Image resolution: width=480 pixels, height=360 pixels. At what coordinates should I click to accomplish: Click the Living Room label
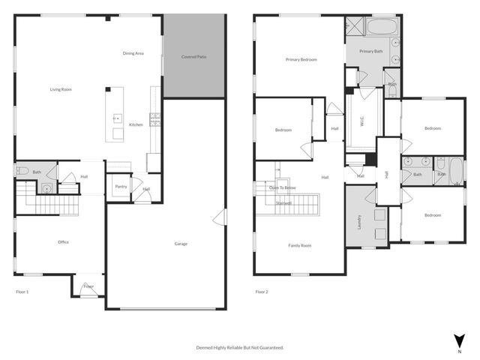pos(61,89)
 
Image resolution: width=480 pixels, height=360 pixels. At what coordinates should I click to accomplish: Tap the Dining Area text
pos(133,53)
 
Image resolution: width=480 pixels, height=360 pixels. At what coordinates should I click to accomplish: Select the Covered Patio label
pos(194,57)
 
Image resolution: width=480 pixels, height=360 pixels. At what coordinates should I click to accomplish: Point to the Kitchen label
pos(136,124)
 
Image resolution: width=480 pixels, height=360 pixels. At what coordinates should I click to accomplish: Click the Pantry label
pos(120,187)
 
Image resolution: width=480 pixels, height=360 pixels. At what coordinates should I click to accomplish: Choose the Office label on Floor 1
pos(64,241)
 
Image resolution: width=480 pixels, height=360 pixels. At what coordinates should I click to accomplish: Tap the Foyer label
pos(88,286)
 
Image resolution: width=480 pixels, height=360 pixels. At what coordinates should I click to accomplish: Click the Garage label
pos(181,243)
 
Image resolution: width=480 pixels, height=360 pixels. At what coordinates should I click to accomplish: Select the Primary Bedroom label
pos(301,59)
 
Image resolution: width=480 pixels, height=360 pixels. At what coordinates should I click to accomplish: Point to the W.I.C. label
pos(361,123)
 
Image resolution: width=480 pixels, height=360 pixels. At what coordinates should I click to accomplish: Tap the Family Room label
pos(300,245)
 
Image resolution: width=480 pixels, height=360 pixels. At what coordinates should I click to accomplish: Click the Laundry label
pos(359,222)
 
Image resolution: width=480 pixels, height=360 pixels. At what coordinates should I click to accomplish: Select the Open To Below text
pos(283,187)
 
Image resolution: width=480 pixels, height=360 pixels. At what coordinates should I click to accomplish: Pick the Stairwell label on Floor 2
pos(283,202)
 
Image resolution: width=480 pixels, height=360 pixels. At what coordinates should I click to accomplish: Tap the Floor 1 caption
pos(22,291)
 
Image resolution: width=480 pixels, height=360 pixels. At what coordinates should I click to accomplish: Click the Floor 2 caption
pos(261,291)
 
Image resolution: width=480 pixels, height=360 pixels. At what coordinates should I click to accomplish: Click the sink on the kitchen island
pos(117,117)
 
